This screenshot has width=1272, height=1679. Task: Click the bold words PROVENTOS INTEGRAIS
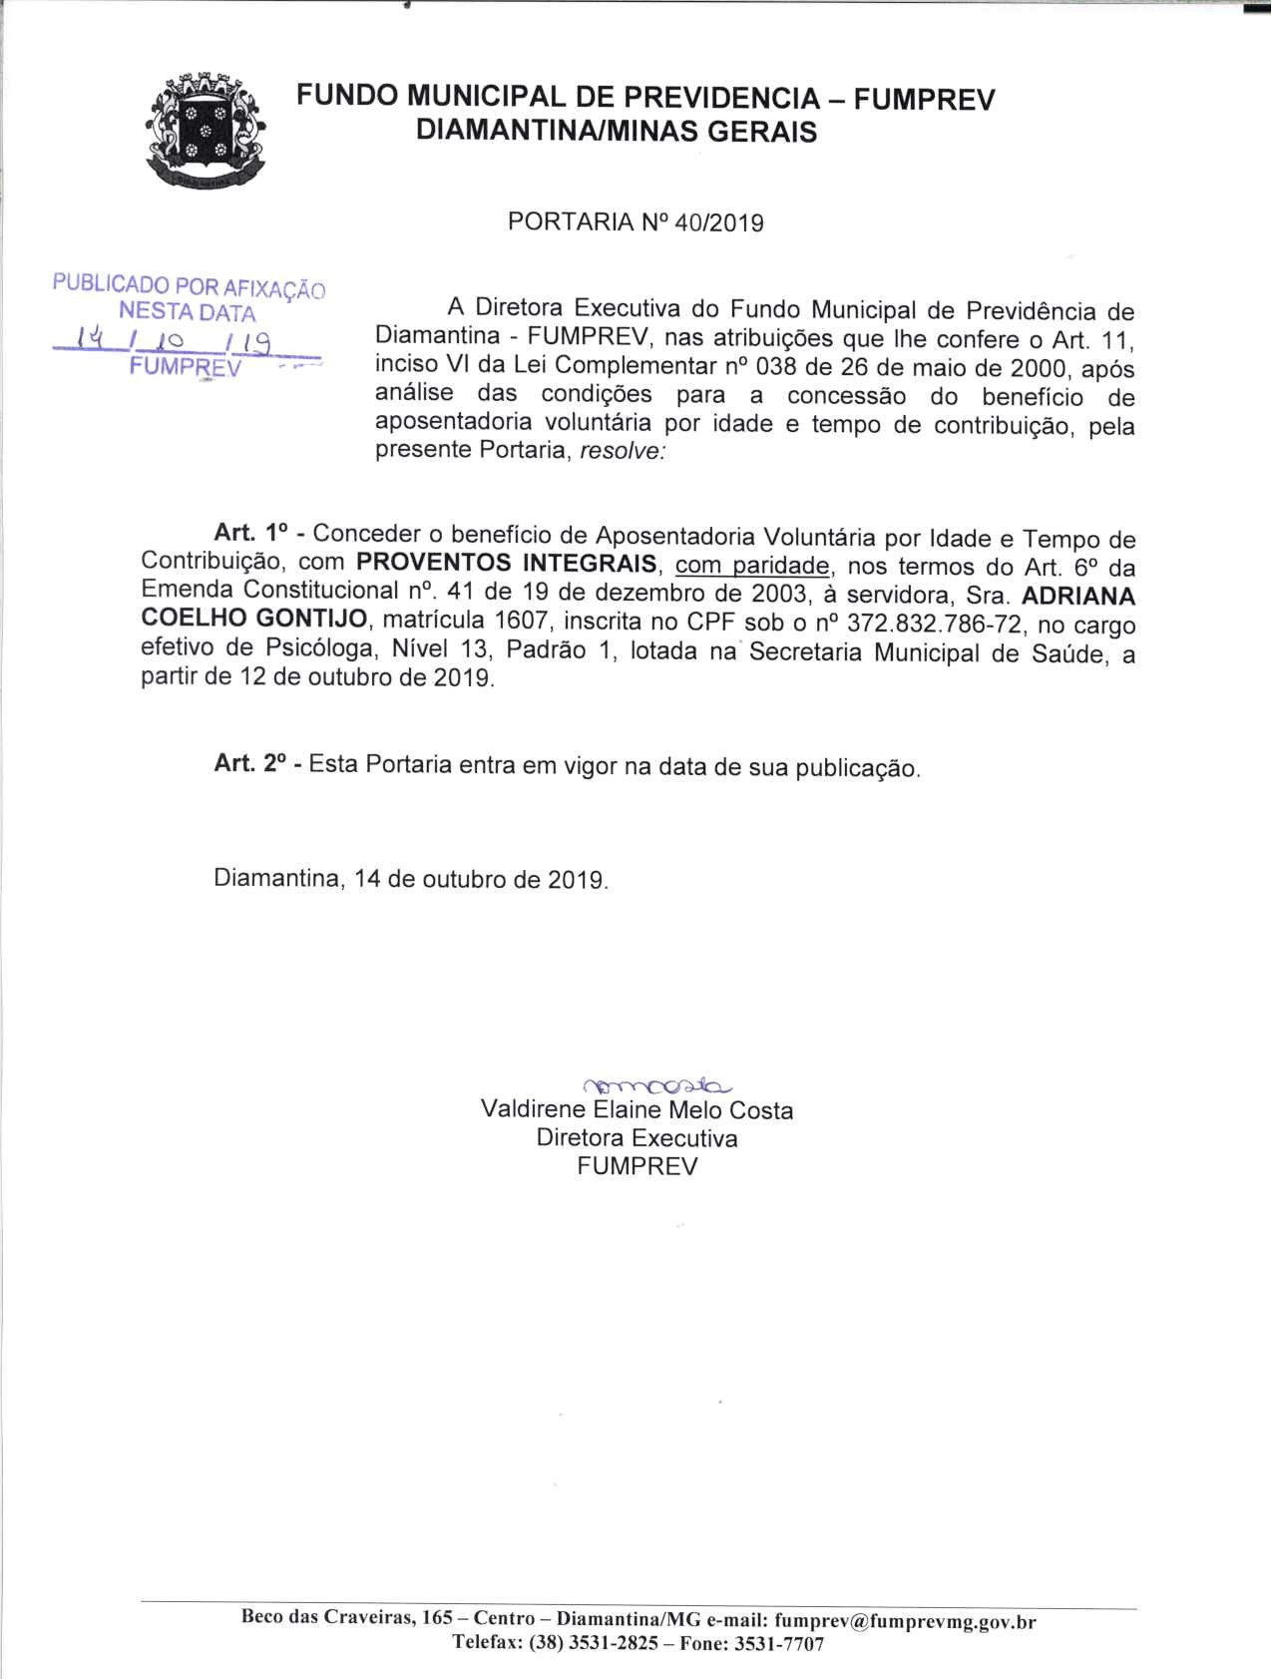coord(507,564)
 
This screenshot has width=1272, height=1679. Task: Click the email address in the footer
coord(904,1621)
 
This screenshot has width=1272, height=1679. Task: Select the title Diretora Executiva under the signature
coord(636,1138)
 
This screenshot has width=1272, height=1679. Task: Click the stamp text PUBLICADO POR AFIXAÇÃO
coord(190,286)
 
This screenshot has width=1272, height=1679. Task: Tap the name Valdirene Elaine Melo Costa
coord(636,1110)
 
